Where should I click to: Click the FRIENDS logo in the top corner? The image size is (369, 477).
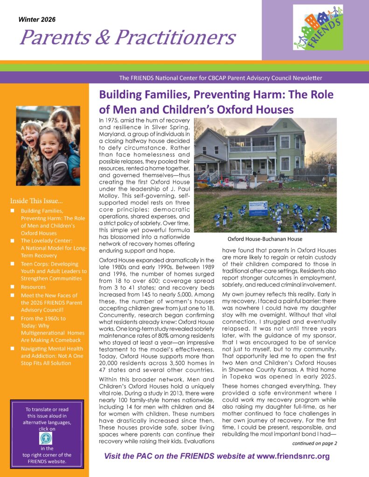(318, 27)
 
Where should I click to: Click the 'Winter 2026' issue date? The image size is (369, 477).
(37, 20)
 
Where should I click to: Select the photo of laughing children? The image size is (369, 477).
(48, 146)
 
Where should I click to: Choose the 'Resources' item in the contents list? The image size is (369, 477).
(33, 287)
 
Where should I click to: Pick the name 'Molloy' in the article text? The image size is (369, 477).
(110, 191)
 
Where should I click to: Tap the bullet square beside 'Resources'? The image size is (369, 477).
(12, 287)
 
